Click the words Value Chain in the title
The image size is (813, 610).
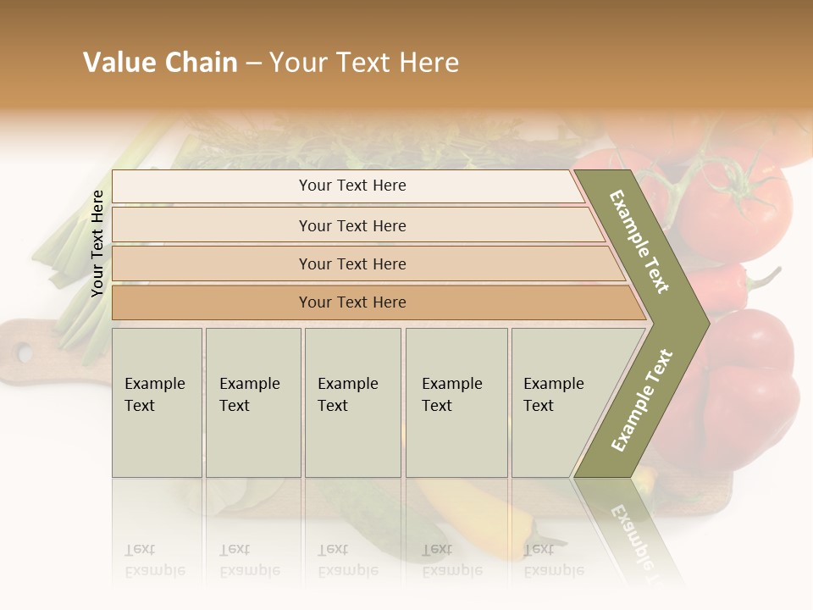(x=160, y=63)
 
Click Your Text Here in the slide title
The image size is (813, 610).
(x=364, y=63)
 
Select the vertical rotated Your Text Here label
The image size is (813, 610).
(x=97, y=243)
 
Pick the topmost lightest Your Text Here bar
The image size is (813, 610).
(x=351, y=186)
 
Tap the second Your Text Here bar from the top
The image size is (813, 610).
(x=351, y=225)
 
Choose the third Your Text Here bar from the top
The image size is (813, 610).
(x=351, y=263)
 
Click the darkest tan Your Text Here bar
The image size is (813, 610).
(x=351, y=302)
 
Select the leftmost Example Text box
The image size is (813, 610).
(x=157, y=402)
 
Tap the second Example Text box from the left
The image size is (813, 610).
(x=253, y=402)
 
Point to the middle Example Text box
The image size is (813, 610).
(x=352, y=402)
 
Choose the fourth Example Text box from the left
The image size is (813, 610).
(x=456, y=402)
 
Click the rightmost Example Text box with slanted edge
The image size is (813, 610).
(x=559, y=402)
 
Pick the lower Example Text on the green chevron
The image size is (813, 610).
(x=642, y=400)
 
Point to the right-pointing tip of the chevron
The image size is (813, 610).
(x=705, y=323)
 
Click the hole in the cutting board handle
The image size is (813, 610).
(x=24, y=351)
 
